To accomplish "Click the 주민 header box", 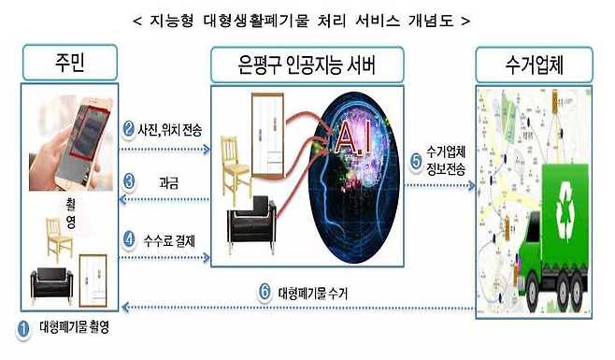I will click(x=71, y=64).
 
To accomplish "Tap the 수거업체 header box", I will click(x=536, y=64).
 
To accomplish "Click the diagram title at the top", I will click(x=307, y=19).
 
